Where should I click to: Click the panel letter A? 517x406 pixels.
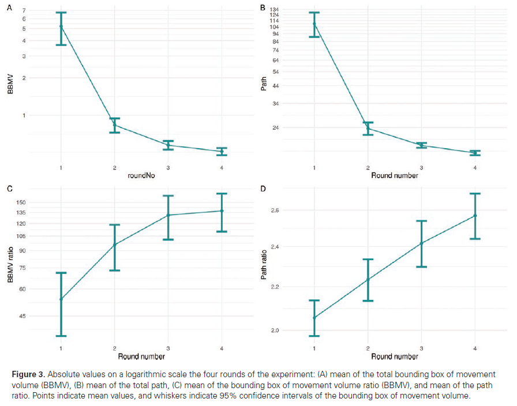pos(9,8)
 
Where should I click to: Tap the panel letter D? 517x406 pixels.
pos(263,189)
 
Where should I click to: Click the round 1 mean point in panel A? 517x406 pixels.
pos(61,27)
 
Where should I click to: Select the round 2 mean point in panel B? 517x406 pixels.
pos(368,128)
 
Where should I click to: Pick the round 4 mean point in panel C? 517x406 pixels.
pos(222,211)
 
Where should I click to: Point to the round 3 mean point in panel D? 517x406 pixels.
pos(421,243)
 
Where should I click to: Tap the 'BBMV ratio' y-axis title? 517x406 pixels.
pos(10,265)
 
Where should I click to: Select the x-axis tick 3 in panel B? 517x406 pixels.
pos(421,167)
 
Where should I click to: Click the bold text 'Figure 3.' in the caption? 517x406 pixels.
pos(28,374)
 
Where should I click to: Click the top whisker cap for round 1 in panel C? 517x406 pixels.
pos(61,273)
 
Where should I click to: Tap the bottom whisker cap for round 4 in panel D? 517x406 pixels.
pos(475,238)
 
